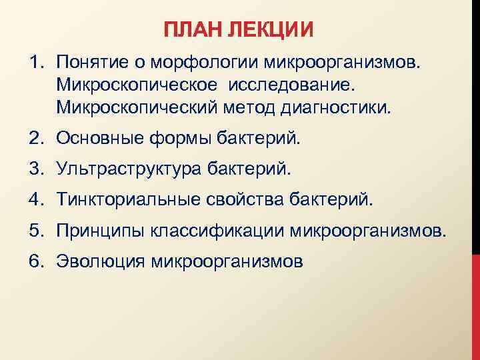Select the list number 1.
tap(35, 63)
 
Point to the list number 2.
tap(35, 139)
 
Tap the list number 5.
tap(35, 231)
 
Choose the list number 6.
tap(35, 261)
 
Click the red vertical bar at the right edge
tap(475, 307)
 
